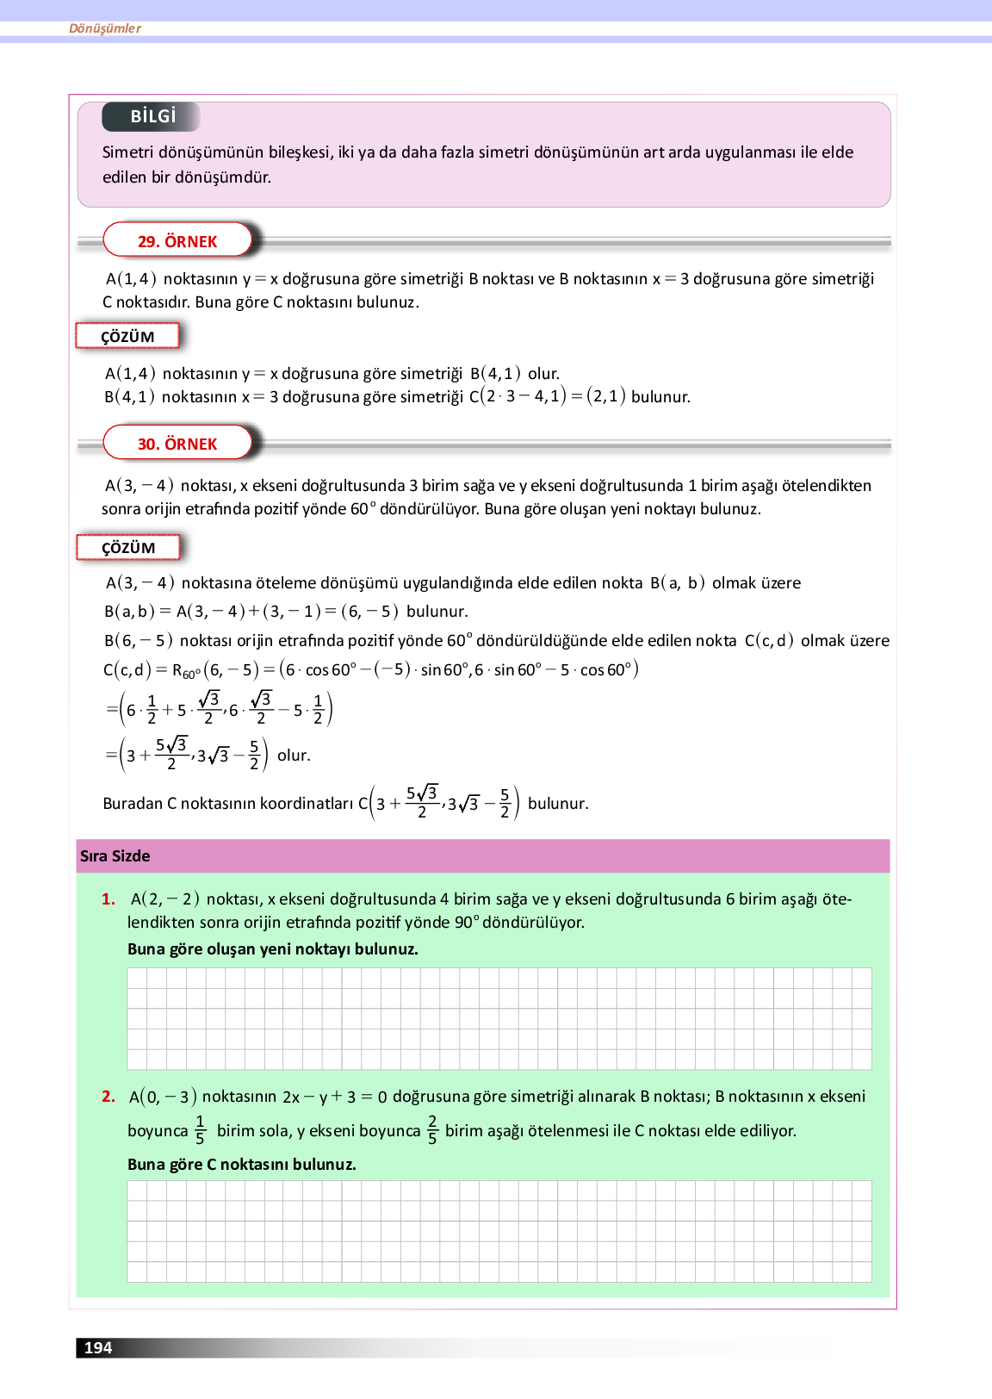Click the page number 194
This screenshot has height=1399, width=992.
click(98, 1347)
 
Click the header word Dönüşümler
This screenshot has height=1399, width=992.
click(105, 28)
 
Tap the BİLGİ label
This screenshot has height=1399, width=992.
click(152, 116)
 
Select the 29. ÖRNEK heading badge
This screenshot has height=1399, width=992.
click(177, 241)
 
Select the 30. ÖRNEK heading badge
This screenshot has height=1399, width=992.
click(177, 444)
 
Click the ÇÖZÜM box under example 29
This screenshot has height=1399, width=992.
click(127, 336)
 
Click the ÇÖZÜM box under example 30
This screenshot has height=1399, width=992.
click(128, 548)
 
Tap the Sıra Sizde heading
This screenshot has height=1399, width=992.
click(115, 855)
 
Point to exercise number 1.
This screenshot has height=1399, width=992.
click(108, 898)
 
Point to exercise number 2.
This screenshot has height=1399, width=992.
click(108, 1096)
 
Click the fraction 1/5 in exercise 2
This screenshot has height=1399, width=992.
click(200, 1130)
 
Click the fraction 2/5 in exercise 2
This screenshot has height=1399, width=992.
click(432, 1130)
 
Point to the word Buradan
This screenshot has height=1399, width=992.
click(133, 803)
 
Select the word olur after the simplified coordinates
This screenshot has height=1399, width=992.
click(294, 755)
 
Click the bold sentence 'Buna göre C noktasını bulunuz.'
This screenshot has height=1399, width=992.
click(242, 1164)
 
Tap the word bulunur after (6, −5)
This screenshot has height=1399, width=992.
click(437, 612)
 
